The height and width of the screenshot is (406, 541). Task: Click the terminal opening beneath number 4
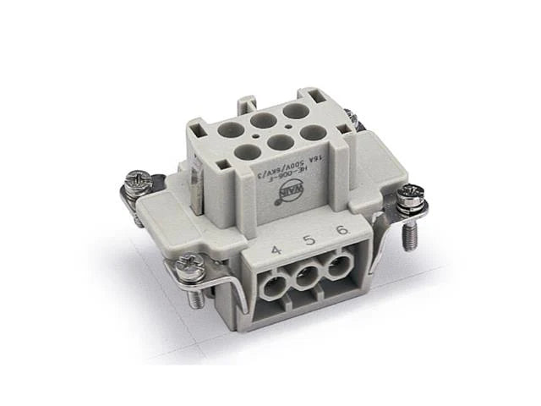click(276, 283)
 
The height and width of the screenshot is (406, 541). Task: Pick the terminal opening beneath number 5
click(308, 274)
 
